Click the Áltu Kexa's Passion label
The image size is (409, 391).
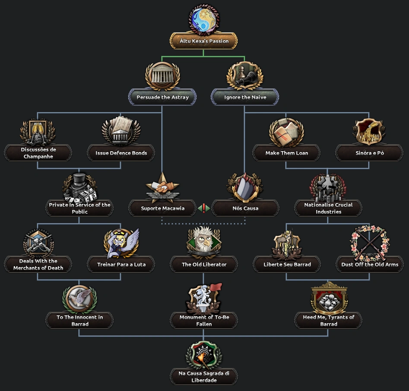204,41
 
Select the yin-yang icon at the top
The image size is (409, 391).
204,20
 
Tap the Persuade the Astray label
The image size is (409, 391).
162,97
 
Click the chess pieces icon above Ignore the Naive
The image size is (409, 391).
245,76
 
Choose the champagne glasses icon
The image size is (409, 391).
38,131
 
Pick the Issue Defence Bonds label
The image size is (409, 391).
121,153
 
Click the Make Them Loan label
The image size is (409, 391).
286,153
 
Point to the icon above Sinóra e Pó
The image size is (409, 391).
369,131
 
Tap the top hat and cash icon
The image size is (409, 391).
79,187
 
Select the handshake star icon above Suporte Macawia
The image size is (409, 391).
162,187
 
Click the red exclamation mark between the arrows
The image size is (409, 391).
204,208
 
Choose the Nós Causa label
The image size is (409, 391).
245,208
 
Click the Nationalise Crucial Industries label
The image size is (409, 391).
328,208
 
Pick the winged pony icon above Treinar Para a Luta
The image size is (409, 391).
121,243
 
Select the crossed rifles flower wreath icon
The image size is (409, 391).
369,243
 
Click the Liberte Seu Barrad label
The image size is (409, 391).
287,264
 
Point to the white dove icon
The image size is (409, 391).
79,299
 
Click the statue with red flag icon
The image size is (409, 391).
204,299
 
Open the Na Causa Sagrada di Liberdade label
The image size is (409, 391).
204,377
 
